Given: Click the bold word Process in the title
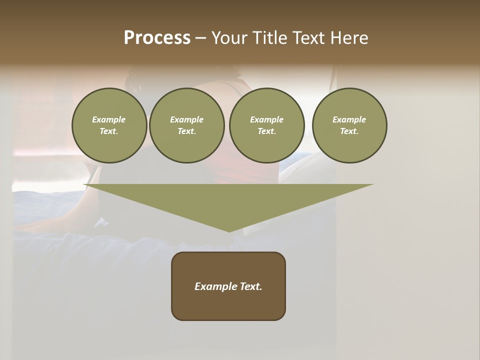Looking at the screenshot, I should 157,38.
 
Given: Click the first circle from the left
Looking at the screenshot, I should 109,125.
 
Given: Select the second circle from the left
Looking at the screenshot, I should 186,125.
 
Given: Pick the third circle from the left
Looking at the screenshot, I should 266,125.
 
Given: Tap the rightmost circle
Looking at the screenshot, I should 349,125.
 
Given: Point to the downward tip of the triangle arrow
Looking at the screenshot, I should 229,230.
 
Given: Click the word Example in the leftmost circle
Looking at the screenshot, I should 109,119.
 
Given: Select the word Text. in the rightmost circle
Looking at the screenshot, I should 349,131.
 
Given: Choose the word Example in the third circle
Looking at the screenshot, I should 266,119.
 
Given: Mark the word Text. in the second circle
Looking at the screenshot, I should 186,131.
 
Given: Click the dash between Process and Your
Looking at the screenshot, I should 200,38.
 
